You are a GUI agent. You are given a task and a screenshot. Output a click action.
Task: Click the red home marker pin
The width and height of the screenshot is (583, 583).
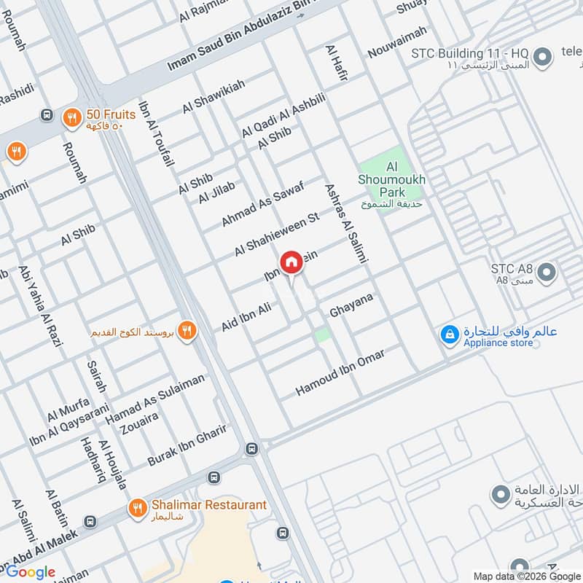pos(291,262)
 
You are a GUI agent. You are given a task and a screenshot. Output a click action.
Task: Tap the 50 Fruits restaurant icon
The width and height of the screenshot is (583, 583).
pos(71,117)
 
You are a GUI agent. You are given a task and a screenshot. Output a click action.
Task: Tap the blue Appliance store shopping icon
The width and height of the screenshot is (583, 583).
pos(450,334)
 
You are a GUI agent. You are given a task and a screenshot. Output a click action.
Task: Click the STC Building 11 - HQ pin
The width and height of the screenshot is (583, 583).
pos(541,56)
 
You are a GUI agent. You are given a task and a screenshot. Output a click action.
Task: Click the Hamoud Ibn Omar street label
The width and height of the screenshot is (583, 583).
pos(340,372)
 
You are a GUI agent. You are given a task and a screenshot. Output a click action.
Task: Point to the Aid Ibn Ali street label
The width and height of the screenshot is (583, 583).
pos(246,318)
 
